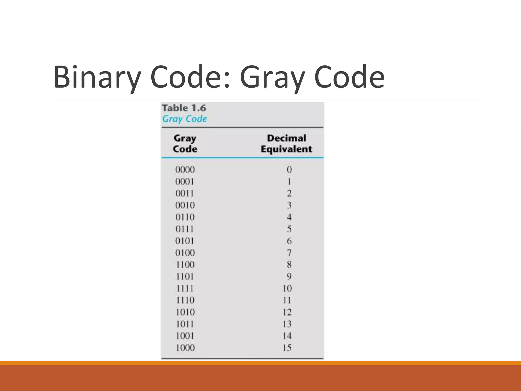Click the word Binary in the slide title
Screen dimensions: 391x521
click(97, 77)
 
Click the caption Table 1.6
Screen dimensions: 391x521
click(184, 108)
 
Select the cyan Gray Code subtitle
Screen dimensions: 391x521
click(184, 119)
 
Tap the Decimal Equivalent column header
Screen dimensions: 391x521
click(286, 144)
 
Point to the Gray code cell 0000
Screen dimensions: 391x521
click(185, 170)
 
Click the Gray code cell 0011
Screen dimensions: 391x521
click(184, 193)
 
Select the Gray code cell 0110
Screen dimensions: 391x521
click(185, 217)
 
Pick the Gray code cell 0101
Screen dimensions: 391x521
click(184, 241)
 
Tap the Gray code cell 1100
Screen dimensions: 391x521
click(185, 265)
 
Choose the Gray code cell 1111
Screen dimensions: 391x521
click(185, 288)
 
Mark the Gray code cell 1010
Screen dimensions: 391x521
click(185, 312)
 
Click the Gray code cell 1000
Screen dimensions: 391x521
click(185, 348)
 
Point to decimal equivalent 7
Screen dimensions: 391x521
click(289, 253)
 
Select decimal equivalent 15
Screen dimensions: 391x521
click(287, 348)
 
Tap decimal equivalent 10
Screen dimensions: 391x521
click(287, 288)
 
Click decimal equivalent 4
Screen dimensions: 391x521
click(289, 217)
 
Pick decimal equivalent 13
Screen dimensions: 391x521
click(287, 324)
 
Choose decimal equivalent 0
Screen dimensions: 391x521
click(289, 170)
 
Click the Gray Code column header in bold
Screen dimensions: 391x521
click(185, 144)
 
